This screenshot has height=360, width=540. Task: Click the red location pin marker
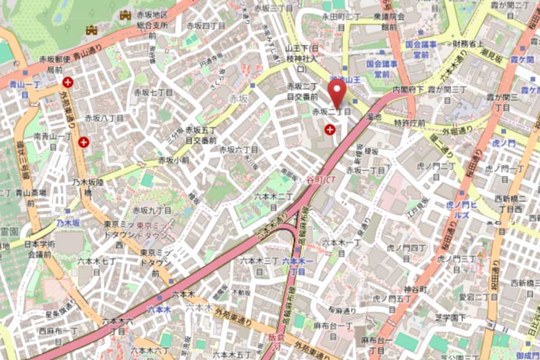coord(337,92)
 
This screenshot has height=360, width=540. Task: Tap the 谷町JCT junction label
coord(320,179)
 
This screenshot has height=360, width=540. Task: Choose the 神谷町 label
coord(415,289)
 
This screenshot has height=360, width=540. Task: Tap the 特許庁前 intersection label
coord(410,123)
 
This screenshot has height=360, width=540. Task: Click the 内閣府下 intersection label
coord(404,89)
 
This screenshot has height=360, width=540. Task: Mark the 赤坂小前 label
coord(173,161)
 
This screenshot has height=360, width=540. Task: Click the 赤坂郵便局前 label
coord(55,64)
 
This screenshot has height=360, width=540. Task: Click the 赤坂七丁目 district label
coord(153,93)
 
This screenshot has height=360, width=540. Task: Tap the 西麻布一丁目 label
coord(58,331)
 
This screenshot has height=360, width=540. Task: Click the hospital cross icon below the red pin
coord(329,129)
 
